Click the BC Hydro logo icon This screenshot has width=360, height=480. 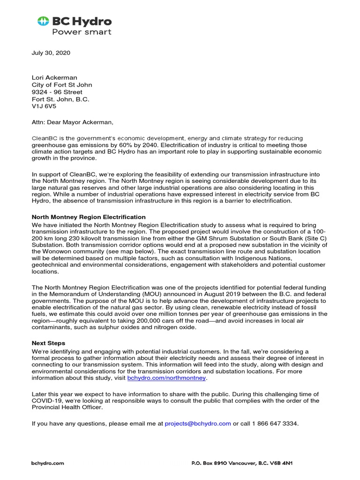tap(43, 21)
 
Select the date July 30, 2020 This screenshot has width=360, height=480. tap(51, 53)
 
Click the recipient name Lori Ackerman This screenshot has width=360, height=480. tap(54, 77)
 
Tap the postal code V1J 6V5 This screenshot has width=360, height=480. tap(44, 106)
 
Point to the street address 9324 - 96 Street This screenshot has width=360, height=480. tap(57, 92)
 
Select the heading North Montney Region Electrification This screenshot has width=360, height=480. tap(88, 217)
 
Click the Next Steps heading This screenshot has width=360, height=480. tap(48, 343)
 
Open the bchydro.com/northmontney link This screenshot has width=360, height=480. tap(166, 378)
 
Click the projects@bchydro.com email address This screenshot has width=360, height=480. tap(198, 423)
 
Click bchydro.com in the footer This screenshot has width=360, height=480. tap(47, 463)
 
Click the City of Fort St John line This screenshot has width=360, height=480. tap(61, 85)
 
